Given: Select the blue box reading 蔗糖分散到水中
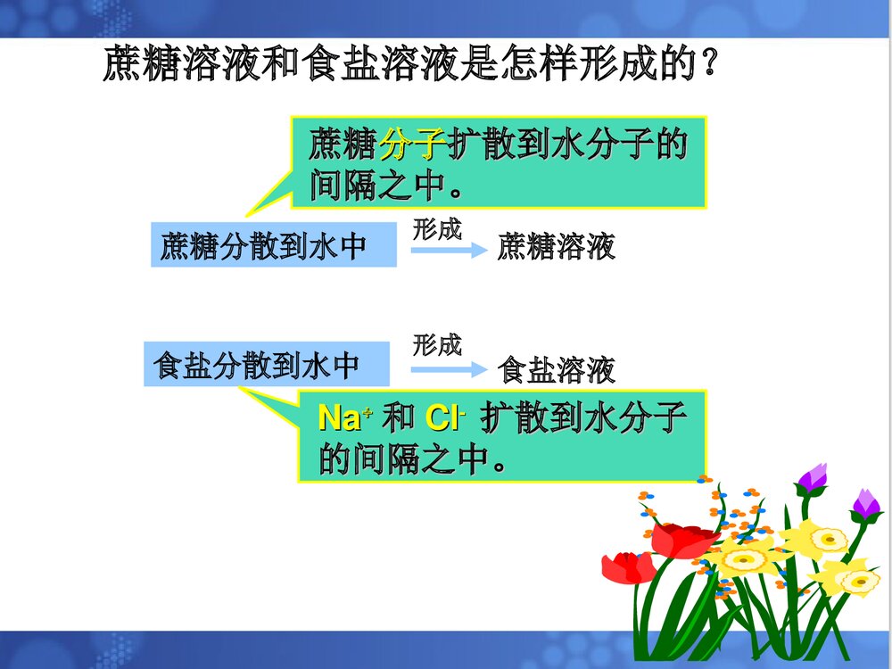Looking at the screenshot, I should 273,245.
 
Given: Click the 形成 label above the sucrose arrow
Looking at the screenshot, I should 437,229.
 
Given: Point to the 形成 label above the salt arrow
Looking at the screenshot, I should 437,344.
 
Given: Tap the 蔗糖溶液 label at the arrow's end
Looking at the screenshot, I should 557,246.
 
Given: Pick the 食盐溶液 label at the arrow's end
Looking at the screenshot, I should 557,368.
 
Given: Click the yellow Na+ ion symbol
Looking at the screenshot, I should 345,417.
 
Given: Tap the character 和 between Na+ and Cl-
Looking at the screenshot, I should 398,417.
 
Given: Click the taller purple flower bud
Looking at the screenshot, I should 812,480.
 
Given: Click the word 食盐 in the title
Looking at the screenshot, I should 335,64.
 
